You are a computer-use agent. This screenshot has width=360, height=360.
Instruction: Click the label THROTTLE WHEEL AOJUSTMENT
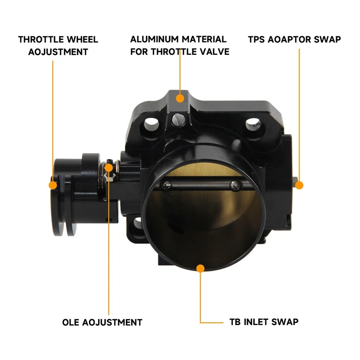coord(58,45)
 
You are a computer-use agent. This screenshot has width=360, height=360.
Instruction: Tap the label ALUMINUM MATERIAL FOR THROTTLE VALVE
coord(179,45)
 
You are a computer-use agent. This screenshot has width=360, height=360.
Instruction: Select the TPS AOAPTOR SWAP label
coord(294,39)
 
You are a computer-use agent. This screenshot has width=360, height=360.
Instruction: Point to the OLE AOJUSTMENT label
coord(102,322)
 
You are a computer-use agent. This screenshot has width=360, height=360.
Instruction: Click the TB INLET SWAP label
coord(264,322)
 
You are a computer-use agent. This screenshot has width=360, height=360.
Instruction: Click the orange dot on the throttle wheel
coord(53,185)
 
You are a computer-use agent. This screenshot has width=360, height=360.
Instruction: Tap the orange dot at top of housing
coord(180,98)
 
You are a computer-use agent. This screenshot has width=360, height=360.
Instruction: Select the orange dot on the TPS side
coord(299,185)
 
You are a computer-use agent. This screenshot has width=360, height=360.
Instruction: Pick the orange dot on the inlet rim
coord(201,268)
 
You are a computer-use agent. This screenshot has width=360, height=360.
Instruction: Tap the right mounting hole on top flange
coord(253,124)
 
